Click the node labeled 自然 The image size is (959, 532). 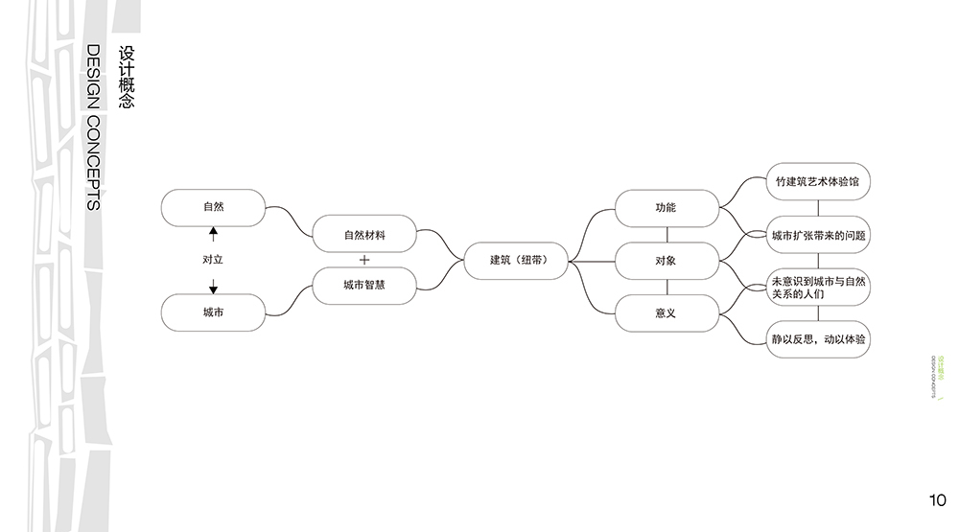(x=213, y=207)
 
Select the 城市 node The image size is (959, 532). (x=213, y=312)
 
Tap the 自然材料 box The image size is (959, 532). (x=364, y=234)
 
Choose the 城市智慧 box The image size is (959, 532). (x=364, y=285)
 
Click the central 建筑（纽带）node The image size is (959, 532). (x=518, y=260)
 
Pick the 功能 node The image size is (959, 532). (x=666, y=208)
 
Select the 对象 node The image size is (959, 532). (x=666, y=260)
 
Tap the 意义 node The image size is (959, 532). (x=666, y=312)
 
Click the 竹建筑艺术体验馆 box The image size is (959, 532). (x=818, y=181)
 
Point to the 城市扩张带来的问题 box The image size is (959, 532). (x=818, y=234)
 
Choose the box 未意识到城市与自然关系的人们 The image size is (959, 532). (x=818, y=287)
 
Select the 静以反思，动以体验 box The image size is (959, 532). (x=818, y=338)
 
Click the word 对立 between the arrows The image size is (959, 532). (x=213, y=260)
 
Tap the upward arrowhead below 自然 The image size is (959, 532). (x=213, y=232)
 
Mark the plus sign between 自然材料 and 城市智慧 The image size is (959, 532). (x=364, y=260)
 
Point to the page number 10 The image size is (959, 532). (x=938, y=499)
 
